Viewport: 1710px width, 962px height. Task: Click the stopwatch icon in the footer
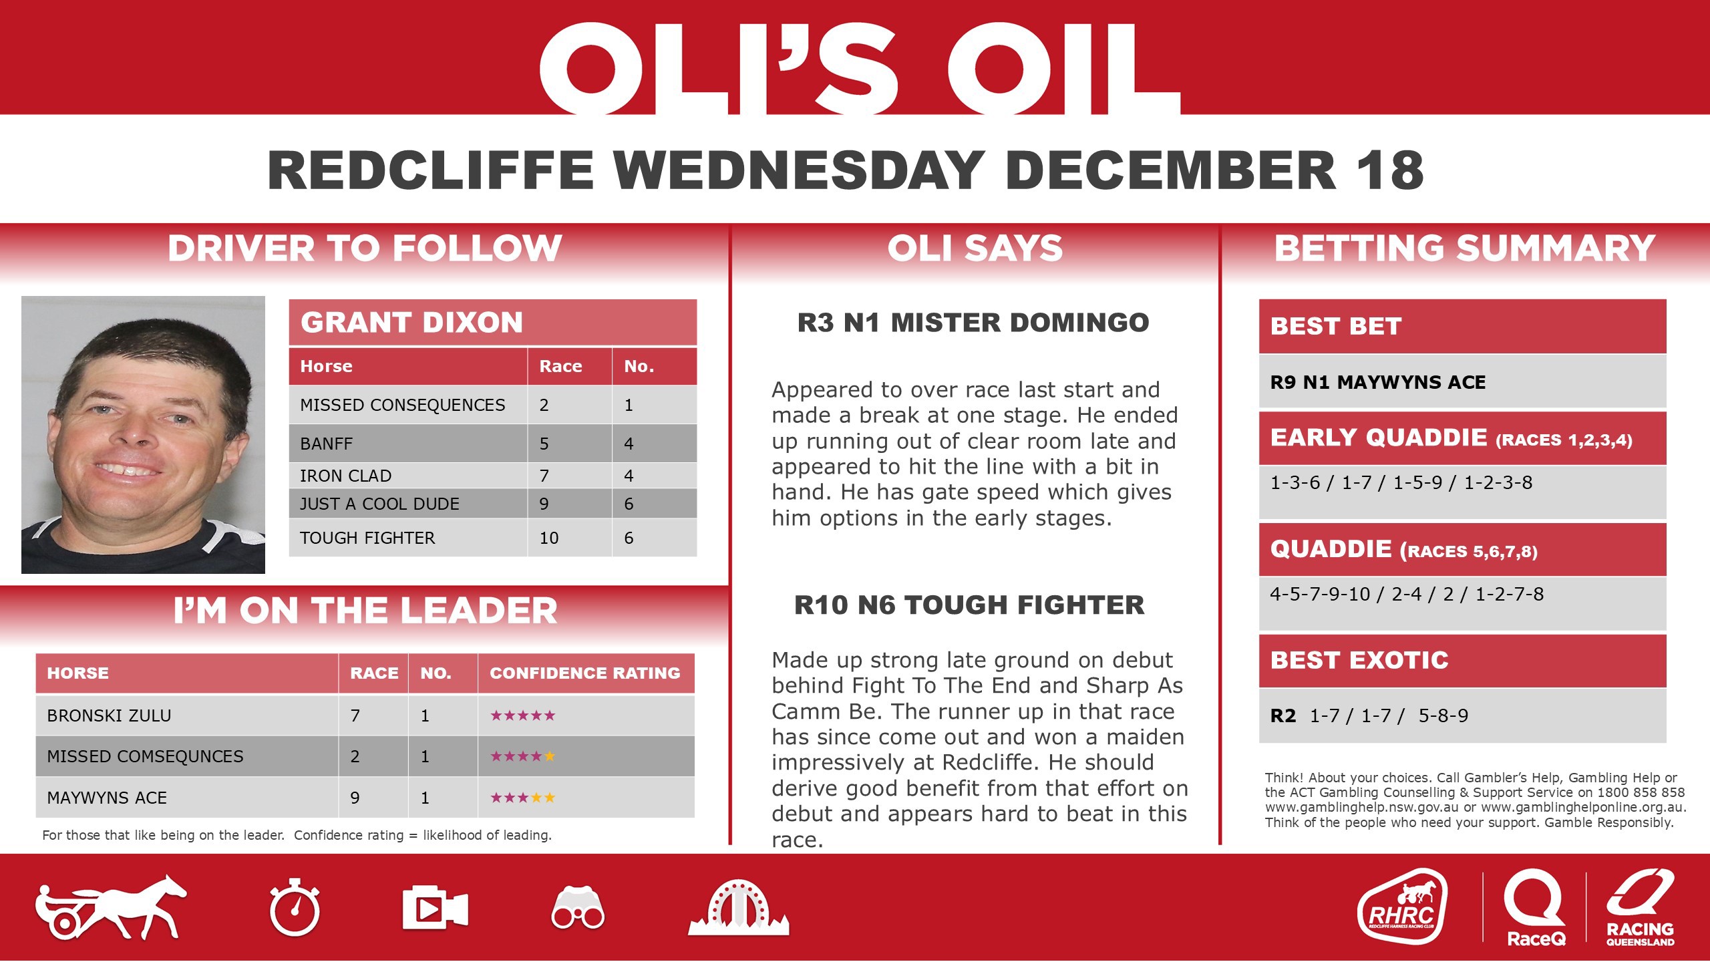[295, 909]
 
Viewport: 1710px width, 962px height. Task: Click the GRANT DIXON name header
[411, 323]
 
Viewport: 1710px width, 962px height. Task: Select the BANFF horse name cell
[327, 444]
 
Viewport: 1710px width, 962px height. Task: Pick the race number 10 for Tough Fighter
[549, 538]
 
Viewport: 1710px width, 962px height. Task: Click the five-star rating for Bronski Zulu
[522, 716]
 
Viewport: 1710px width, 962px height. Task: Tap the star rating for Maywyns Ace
[522, 798]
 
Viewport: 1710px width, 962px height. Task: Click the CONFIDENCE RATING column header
[585, 673]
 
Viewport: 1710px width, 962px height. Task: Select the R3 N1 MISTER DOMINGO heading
[973, 323]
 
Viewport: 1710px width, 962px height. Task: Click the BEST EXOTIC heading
[1359, 660]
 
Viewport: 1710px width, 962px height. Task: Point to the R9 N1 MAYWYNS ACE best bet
[1378, 382]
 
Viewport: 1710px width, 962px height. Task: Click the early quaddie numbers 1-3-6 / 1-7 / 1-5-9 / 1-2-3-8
[1401, 482]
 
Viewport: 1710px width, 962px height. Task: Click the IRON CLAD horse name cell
[345, 476]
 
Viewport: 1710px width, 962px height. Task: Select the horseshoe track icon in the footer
[738, 909]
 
